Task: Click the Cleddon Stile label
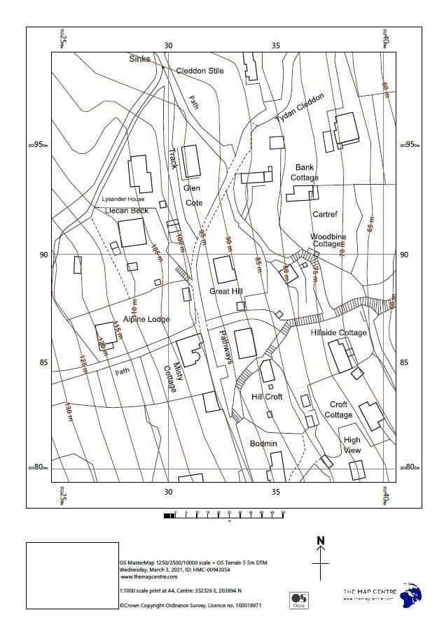[200, 71]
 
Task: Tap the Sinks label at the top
[139, 59]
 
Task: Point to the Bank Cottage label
[305, 173]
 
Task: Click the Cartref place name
[325, 214]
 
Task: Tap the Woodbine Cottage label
[328, 241]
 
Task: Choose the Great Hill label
[226, 291]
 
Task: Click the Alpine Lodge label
[146, 319]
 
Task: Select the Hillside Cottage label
[338, 332]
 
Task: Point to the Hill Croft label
[266, 397]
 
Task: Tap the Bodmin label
[263, 444]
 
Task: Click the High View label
[352, 446]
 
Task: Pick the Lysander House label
[123, 199]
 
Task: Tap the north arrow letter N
[321, 540]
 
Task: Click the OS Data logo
[299, 600]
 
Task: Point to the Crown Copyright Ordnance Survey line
[190, 606]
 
